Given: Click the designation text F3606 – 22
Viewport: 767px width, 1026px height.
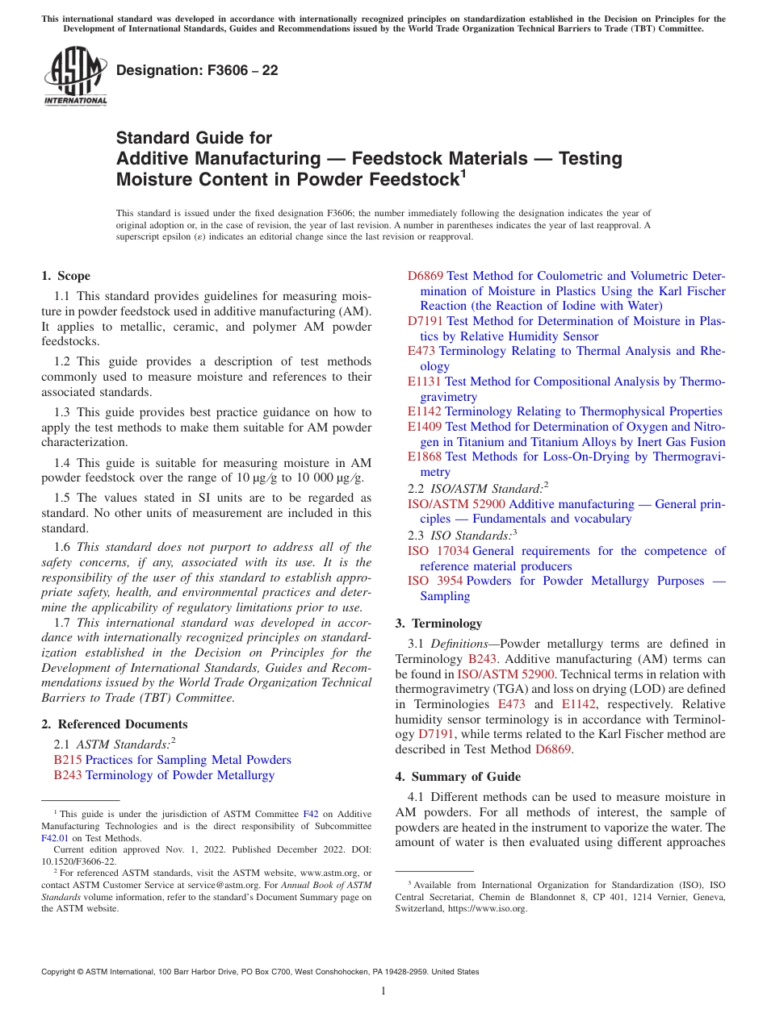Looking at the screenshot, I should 197,71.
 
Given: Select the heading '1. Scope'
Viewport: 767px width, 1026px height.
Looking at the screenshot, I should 66,276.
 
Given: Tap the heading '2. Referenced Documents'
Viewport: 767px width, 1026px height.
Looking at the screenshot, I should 115,724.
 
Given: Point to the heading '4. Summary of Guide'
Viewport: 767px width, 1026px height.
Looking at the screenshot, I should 458,777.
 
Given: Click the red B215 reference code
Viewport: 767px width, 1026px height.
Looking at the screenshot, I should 68,760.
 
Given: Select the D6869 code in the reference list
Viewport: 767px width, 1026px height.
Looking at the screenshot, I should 425,276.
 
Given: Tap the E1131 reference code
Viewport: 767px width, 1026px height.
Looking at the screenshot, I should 425,382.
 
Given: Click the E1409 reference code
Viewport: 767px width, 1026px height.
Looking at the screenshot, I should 425,427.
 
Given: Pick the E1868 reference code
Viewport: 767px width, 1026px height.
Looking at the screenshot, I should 425,457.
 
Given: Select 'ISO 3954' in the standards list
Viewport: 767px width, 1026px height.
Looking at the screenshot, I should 435,581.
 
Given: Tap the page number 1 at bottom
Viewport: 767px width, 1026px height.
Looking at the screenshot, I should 383,991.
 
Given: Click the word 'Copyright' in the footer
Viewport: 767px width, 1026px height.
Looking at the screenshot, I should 58,972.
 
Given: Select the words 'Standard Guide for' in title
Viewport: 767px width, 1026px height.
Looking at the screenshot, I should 194,138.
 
